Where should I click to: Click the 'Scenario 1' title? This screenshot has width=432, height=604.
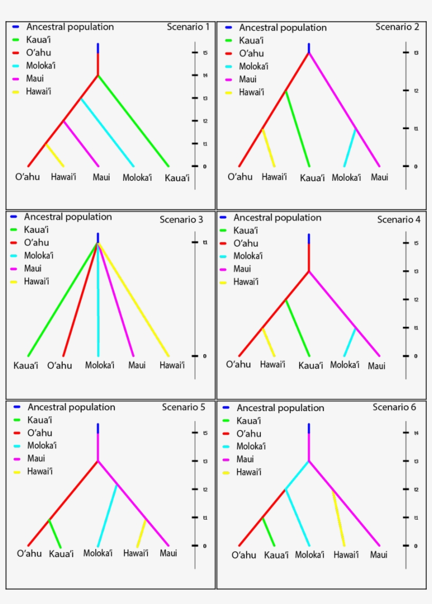pos(188,27)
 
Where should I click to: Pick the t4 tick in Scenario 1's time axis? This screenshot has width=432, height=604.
pos(194,75)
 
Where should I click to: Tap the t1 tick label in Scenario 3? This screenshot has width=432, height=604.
pos(205,242)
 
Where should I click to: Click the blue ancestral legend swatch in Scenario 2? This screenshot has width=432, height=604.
pos(228,27)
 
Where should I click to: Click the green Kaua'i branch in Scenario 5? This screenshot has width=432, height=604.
pos(55,533)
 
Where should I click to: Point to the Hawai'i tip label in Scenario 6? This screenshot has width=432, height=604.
pos(346,555)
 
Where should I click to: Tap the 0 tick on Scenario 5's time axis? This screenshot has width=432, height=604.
pos(194,545)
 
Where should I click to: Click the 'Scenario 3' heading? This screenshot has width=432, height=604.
pos(181,219)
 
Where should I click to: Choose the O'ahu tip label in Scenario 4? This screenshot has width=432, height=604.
pos(239,364)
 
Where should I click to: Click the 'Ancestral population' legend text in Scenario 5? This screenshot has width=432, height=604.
pos(71,407)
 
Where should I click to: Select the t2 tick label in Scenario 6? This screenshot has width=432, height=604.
pos(416,490)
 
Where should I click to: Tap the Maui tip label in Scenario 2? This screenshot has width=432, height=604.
pos(379,177)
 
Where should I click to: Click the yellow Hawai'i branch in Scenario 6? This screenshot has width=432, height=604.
pos(339,518)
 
